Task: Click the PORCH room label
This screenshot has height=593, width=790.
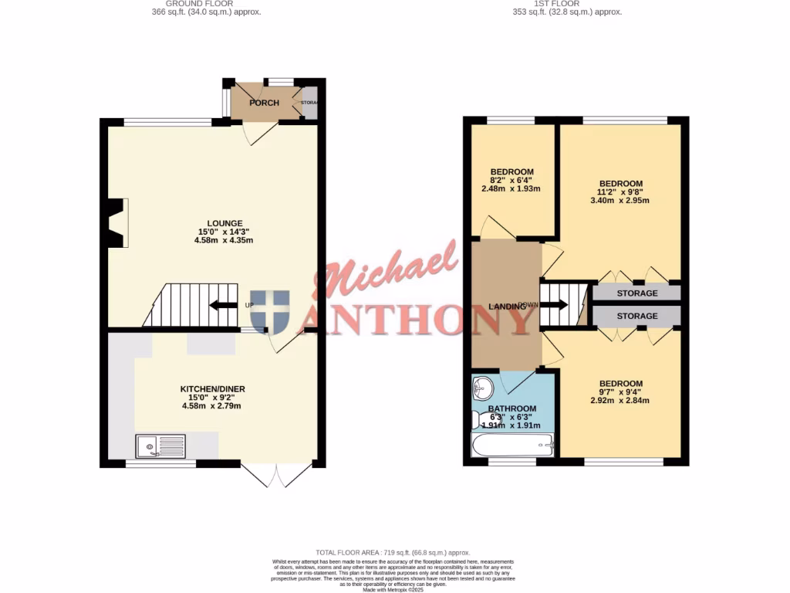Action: tap(264, 103)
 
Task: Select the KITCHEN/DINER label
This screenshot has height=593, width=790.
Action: tap(212, 388)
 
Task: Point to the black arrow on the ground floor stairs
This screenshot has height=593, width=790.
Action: tap(224, 304)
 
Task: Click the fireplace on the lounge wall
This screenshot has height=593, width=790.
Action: tap(117, 222)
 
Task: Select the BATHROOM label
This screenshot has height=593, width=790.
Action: tap(511, 408)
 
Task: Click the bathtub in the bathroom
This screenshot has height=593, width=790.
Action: tap(513, 444)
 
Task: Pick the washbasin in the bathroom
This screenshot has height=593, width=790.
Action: tap(483, 386)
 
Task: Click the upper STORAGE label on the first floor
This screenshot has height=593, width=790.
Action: tap(636, 293)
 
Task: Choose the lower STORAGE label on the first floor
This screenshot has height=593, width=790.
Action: tap(636, 316)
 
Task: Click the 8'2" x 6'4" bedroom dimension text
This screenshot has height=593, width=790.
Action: tap(511, 181)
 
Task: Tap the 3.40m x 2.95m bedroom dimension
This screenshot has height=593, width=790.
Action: tap(620, 200)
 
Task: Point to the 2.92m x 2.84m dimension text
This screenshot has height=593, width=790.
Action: tap(620, 401)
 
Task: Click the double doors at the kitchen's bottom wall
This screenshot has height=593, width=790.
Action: tap(278, 474)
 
